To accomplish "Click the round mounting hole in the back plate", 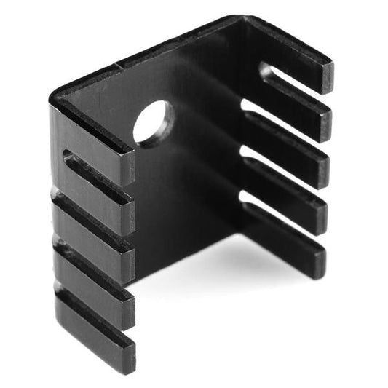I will click(x=153, y=123).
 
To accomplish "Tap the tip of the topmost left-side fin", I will click(x=127, y=168).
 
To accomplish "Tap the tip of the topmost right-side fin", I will click(x=326, y=76).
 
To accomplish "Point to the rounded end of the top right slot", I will click(x=266, y=71).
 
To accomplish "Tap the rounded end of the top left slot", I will click(x=70, y=157).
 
